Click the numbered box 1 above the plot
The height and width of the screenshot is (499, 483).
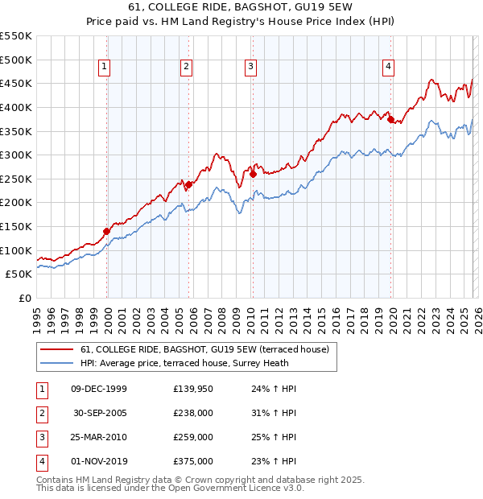point(105,67)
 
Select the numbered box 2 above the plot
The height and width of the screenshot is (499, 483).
point(187,67)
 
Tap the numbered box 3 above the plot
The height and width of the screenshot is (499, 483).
point(250,67)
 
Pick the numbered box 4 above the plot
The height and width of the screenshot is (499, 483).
point(388,67)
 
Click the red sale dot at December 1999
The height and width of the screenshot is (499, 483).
point(106,231)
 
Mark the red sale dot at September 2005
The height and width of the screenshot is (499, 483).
point(188,184)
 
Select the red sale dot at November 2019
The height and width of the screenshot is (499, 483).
point(391,119)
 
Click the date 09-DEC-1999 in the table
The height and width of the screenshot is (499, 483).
point(99,389)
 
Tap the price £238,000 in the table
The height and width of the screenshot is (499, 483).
point(193,413)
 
